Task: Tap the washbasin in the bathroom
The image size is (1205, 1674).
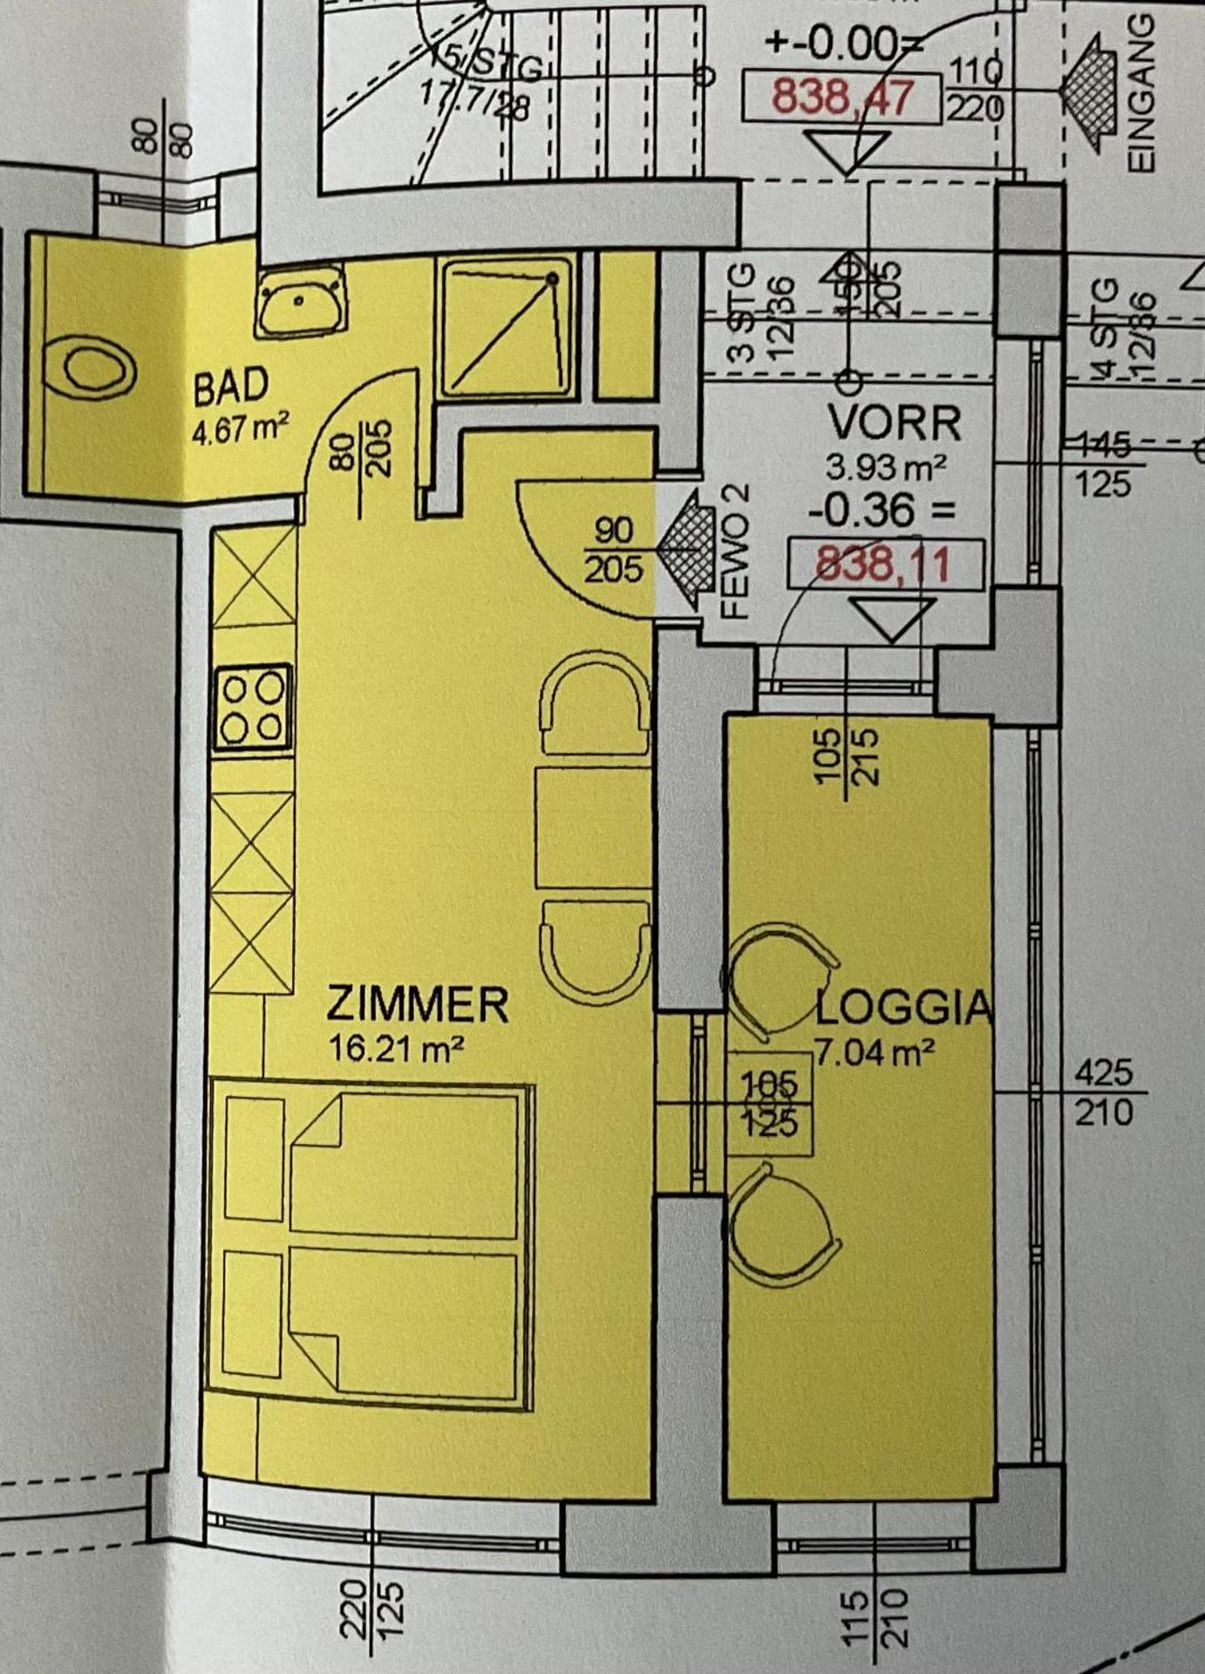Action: click(299, 301)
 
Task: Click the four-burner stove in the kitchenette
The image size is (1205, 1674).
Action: click(252, 707)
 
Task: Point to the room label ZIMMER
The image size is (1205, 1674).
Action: click(417, 1004)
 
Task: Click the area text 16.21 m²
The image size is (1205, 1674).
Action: click(395, 1048)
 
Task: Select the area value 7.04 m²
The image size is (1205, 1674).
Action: click(875, 1052)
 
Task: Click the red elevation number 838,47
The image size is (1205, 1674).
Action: click(842, 97)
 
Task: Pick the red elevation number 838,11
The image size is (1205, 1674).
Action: click(882, 564)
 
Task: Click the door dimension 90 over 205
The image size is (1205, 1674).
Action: click(613, 550)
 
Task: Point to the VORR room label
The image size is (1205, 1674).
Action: click(895, 424)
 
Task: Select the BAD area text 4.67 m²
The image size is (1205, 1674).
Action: click(241, 431)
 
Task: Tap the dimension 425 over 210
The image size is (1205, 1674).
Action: click(1103, 1092)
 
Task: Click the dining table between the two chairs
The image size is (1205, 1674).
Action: click(593, 827)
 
